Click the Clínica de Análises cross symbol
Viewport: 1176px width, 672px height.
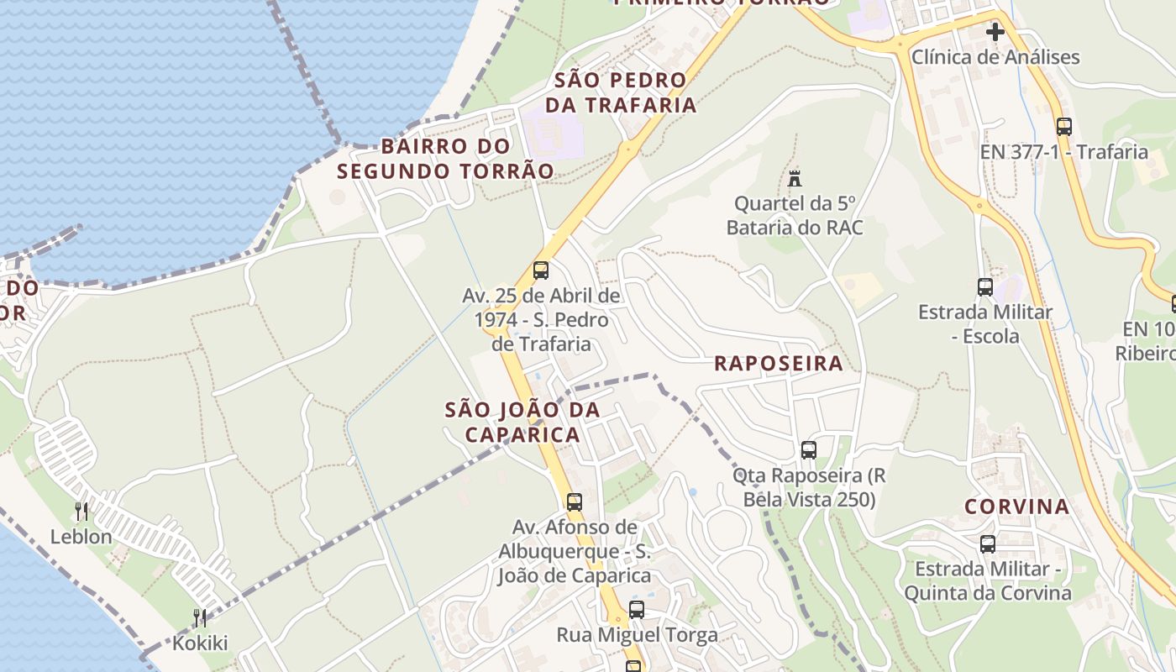coord(995,33)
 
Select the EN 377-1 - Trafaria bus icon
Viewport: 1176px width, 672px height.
coord(1064,127)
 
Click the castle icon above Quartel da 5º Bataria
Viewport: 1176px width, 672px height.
coord(795,178)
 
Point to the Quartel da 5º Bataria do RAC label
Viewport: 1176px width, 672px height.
coord(795,216)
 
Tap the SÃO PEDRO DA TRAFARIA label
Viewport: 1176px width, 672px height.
coord(621,92)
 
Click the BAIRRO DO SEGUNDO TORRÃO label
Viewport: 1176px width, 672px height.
coord(445,158)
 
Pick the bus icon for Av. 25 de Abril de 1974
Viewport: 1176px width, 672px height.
coord(541,270)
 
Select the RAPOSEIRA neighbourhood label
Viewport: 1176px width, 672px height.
coord(778,363)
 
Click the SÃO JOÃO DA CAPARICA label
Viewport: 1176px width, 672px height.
coord(522,422)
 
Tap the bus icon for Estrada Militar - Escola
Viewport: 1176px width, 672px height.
coord(985,287)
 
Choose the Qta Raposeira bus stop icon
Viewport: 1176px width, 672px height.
coord(809,450)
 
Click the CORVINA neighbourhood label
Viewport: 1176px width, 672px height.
coord(1016,507)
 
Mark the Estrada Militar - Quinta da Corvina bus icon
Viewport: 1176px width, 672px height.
coord(988,544)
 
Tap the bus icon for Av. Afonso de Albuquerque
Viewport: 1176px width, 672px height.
coord(575,502)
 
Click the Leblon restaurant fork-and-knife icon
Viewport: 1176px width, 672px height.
coord(81,511)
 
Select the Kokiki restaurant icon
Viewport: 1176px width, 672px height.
coord(200,618)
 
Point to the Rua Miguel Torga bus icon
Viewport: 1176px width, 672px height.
coord(637,610)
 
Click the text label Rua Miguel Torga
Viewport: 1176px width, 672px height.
coord(637,635)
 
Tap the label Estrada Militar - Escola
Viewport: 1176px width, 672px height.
coord(984,324)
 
